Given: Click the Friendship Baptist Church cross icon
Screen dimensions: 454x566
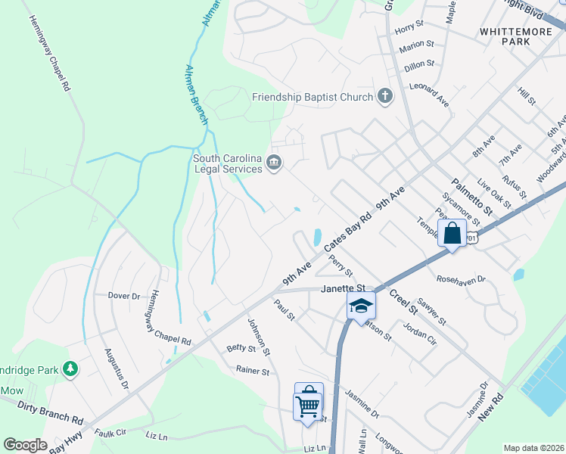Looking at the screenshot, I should (385, 96).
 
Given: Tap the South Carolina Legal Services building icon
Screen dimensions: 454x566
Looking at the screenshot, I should (273, 163).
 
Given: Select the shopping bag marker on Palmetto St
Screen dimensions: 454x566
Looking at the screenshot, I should (452, 234).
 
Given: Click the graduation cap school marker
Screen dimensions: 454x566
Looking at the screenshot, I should (361, 306).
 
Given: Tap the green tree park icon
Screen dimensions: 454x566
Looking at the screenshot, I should (70, 368).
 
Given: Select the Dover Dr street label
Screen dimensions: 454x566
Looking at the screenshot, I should (124, 295).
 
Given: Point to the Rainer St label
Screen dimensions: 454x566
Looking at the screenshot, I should (253, 372).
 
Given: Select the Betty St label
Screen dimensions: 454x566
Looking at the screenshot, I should (241, 348).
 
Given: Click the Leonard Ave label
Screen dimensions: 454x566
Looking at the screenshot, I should (429, 94).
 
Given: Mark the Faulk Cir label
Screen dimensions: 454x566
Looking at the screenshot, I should (110, 434).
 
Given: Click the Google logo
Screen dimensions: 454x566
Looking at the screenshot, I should (25, 445).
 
